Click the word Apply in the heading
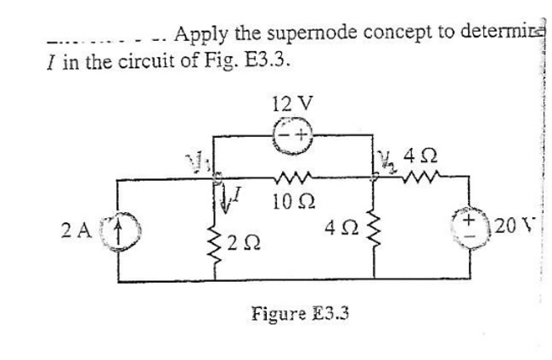200,35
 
